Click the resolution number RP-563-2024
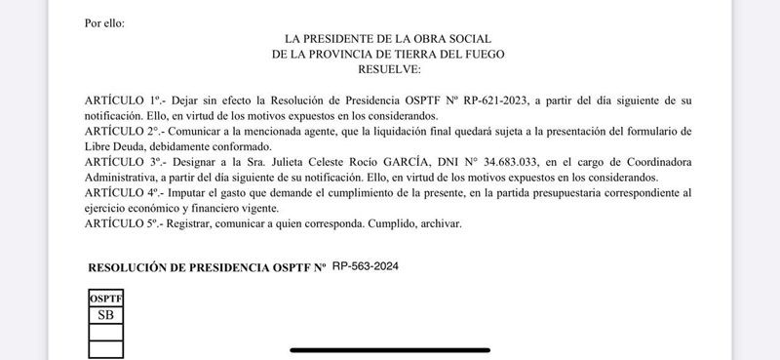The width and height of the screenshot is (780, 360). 366,265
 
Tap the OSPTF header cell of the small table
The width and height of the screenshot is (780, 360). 105,300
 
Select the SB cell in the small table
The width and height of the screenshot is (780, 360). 105,315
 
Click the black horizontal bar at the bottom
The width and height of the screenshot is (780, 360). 389,350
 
